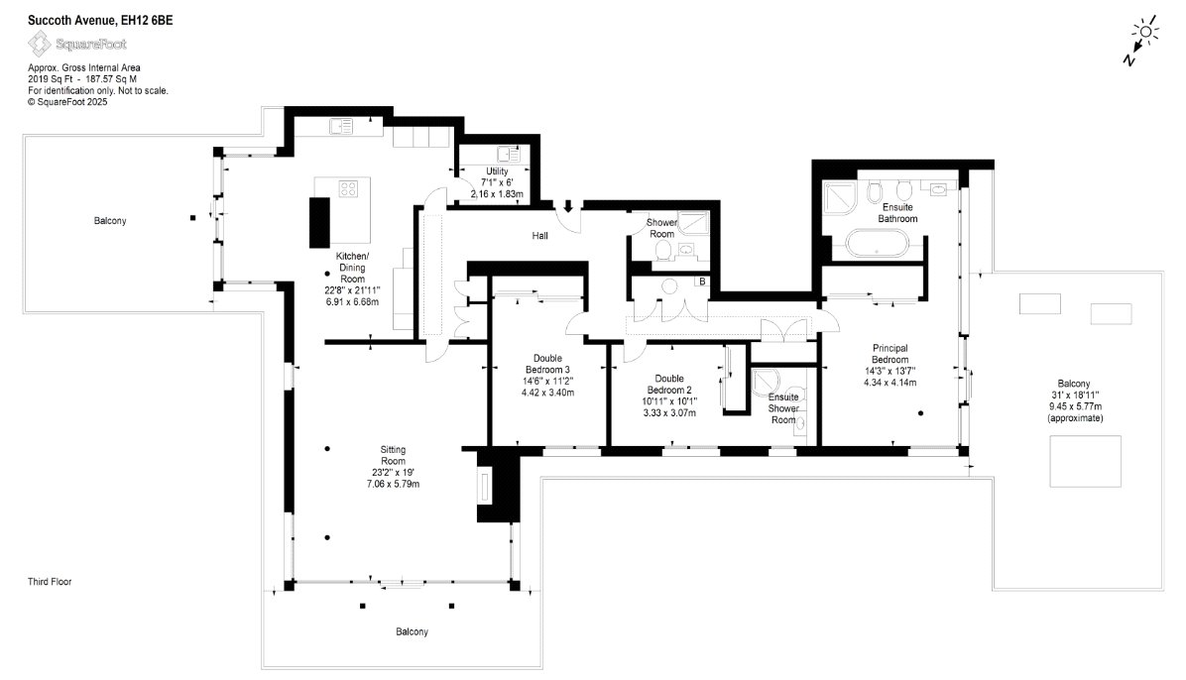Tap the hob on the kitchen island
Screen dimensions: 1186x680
point(348,189)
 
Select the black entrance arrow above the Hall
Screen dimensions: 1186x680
point(568,206)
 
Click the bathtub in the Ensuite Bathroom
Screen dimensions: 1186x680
point(877,244)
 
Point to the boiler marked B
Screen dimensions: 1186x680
point(702,282)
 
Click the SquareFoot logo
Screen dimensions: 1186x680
point(77,44)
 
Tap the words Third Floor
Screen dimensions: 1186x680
point(50,582)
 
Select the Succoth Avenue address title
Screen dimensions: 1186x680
point(100,21)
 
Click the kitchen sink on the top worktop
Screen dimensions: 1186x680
point(341,126)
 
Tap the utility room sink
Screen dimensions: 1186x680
point(509,155)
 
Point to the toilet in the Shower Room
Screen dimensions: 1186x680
point(662,251)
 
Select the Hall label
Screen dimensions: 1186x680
point(540,236)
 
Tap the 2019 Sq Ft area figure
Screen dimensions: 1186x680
point(50,78)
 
